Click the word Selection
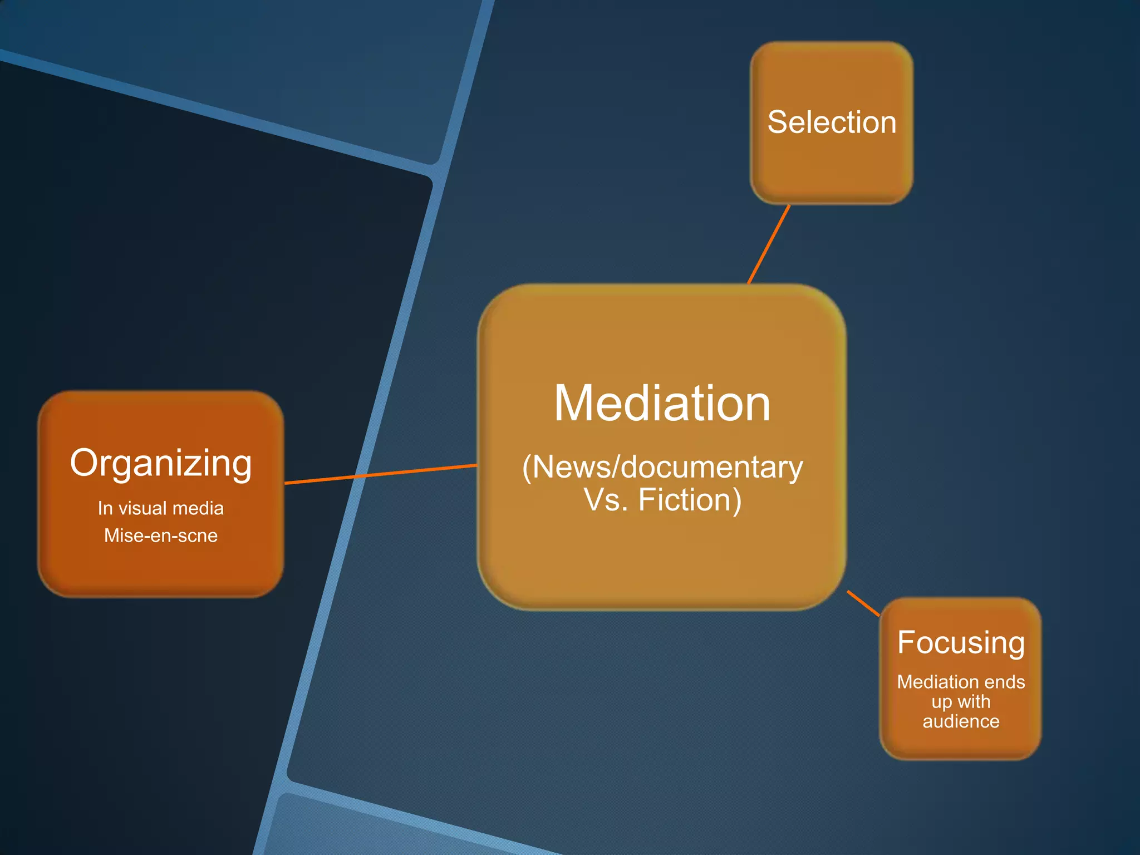832,122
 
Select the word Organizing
161,463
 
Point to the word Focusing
961,643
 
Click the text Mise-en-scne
161,535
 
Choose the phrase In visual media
161,508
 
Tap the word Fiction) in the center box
690,499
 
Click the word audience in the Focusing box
961,721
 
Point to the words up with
961,702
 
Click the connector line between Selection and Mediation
769,244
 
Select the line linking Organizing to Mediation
381,474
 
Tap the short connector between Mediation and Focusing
863,604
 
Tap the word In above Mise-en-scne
105,508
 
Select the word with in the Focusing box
974,702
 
